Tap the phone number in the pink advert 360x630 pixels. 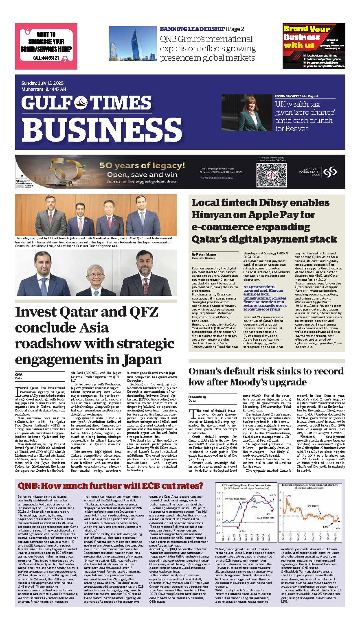(46, 58)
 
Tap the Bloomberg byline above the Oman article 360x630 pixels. (197, 396)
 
